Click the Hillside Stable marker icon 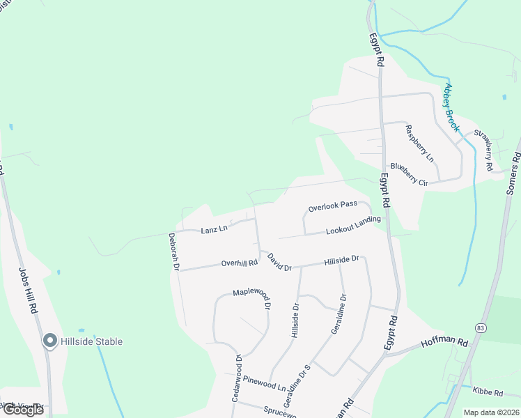coord(49,341)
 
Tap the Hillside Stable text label coord(92,341)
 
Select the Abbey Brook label coord(452,107)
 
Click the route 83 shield coord(481,327)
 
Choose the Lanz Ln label coord(215,229)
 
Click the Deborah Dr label coord(174,251)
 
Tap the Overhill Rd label coord(239,263)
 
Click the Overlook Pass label coord(333,206)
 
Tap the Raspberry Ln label coord(419,143)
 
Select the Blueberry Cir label coord(409,174)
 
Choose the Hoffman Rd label coord(444,341)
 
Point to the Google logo coord(23,409)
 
